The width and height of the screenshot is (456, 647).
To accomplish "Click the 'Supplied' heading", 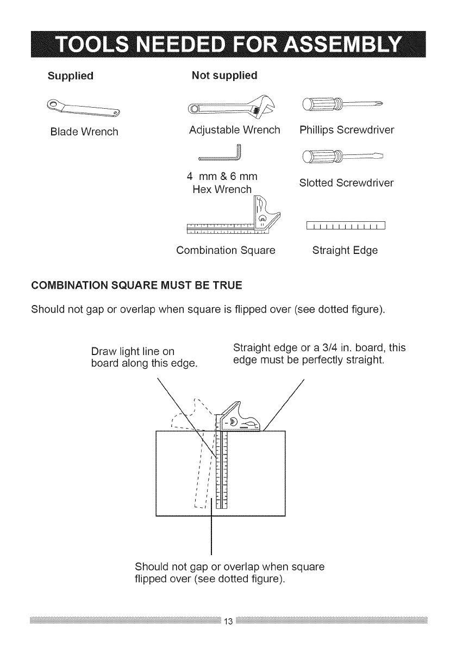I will (70, 76).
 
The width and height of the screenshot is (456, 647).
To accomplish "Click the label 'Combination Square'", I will (226, 251).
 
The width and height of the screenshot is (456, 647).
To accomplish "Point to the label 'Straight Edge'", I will (345, 251).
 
